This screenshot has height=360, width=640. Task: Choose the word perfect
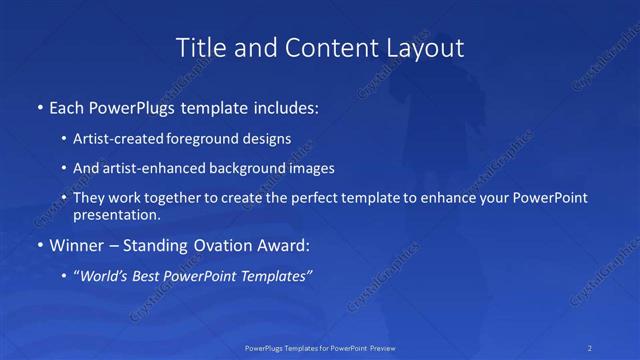click(310, 198)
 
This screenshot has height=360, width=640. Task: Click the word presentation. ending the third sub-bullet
click(116, 214)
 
